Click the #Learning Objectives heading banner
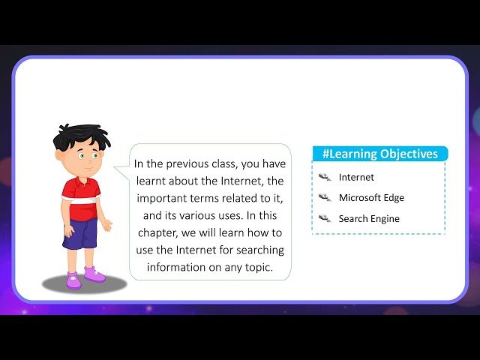[379, 154]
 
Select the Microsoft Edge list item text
[371, 198]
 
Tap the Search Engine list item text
[369, 219]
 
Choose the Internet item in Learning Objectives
[356, 178]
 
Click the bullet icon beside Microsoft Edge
[325, 198]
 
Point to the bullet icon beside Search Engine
[325, 219]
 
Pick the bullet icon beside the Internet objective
[325, 178]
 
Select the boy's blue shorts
[80, 234]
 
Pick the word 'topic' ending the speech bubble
[255, 268]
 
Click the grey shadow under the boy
[84, 283]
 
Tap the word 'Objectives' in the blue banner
[408, 154]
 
